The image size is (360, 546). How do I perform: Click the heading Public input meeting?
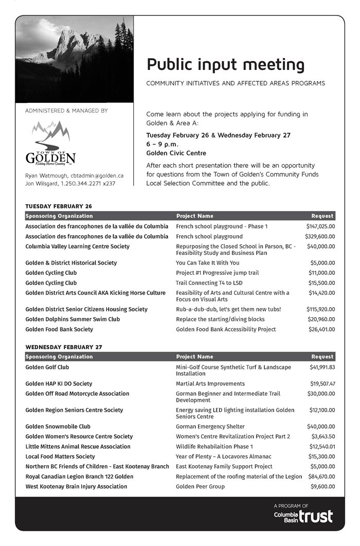tap(225, 65)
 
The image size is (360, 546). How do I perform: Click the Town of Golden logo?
tap(50, 144)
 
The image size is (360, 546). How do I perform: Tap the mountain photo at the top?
tap(75, 59)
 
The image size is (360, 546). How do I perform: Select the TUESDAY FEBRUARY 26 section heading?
tap(59, 206)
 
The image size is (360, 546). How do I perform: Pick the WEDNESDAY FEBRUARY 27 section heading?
tap(63, 347)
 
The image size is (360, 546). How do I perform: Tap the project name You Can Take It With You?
tap(207, 263)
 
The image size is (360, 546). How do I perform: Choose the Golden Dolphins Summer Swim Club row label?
tap(73, 319)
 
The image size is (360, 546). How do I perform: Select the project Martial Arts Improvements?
tap(210, 383)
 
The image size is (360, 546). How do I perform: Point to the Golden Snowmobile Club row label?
tap(58, 427)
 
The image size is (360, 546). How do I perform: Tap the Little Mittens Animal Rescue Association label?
tap(78, 447)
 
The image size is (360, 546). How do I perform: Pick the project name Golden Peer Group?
tap(200, 486)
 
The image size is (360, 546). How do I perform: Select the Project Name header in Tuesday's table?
tap(194, 216)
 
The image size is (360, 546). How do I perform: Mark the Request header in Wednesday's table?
tap(322, 357)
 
